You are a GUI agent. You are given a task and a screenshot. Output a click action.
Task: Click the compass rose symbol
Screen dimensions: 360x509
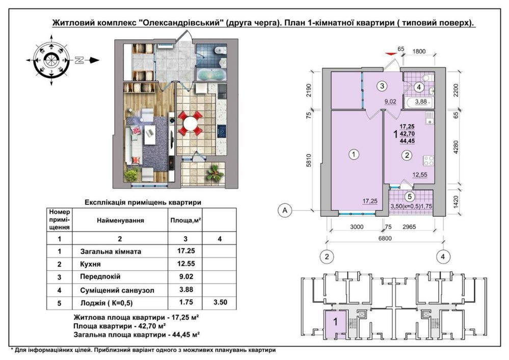[x=50, y=60]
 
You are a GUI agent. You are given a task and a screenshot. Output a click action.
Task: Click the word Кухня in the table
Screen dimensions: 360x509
[x=90, y=265]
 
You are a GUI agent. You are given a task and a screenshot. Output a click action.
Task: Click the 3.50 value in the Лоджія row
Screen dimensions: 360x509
[x=220, y=303]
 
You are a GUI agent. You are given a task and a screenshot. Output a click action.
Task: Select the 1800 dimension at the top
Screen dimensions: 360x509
[x=419, y=51]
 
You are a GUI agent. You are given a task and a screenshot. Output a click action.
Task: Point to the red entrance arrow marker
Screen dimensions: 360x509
[x=392, y=52]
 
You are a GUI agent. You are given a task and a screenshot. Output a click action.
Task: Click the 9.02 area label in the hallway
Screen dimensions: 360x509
[x=391, y=101]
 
